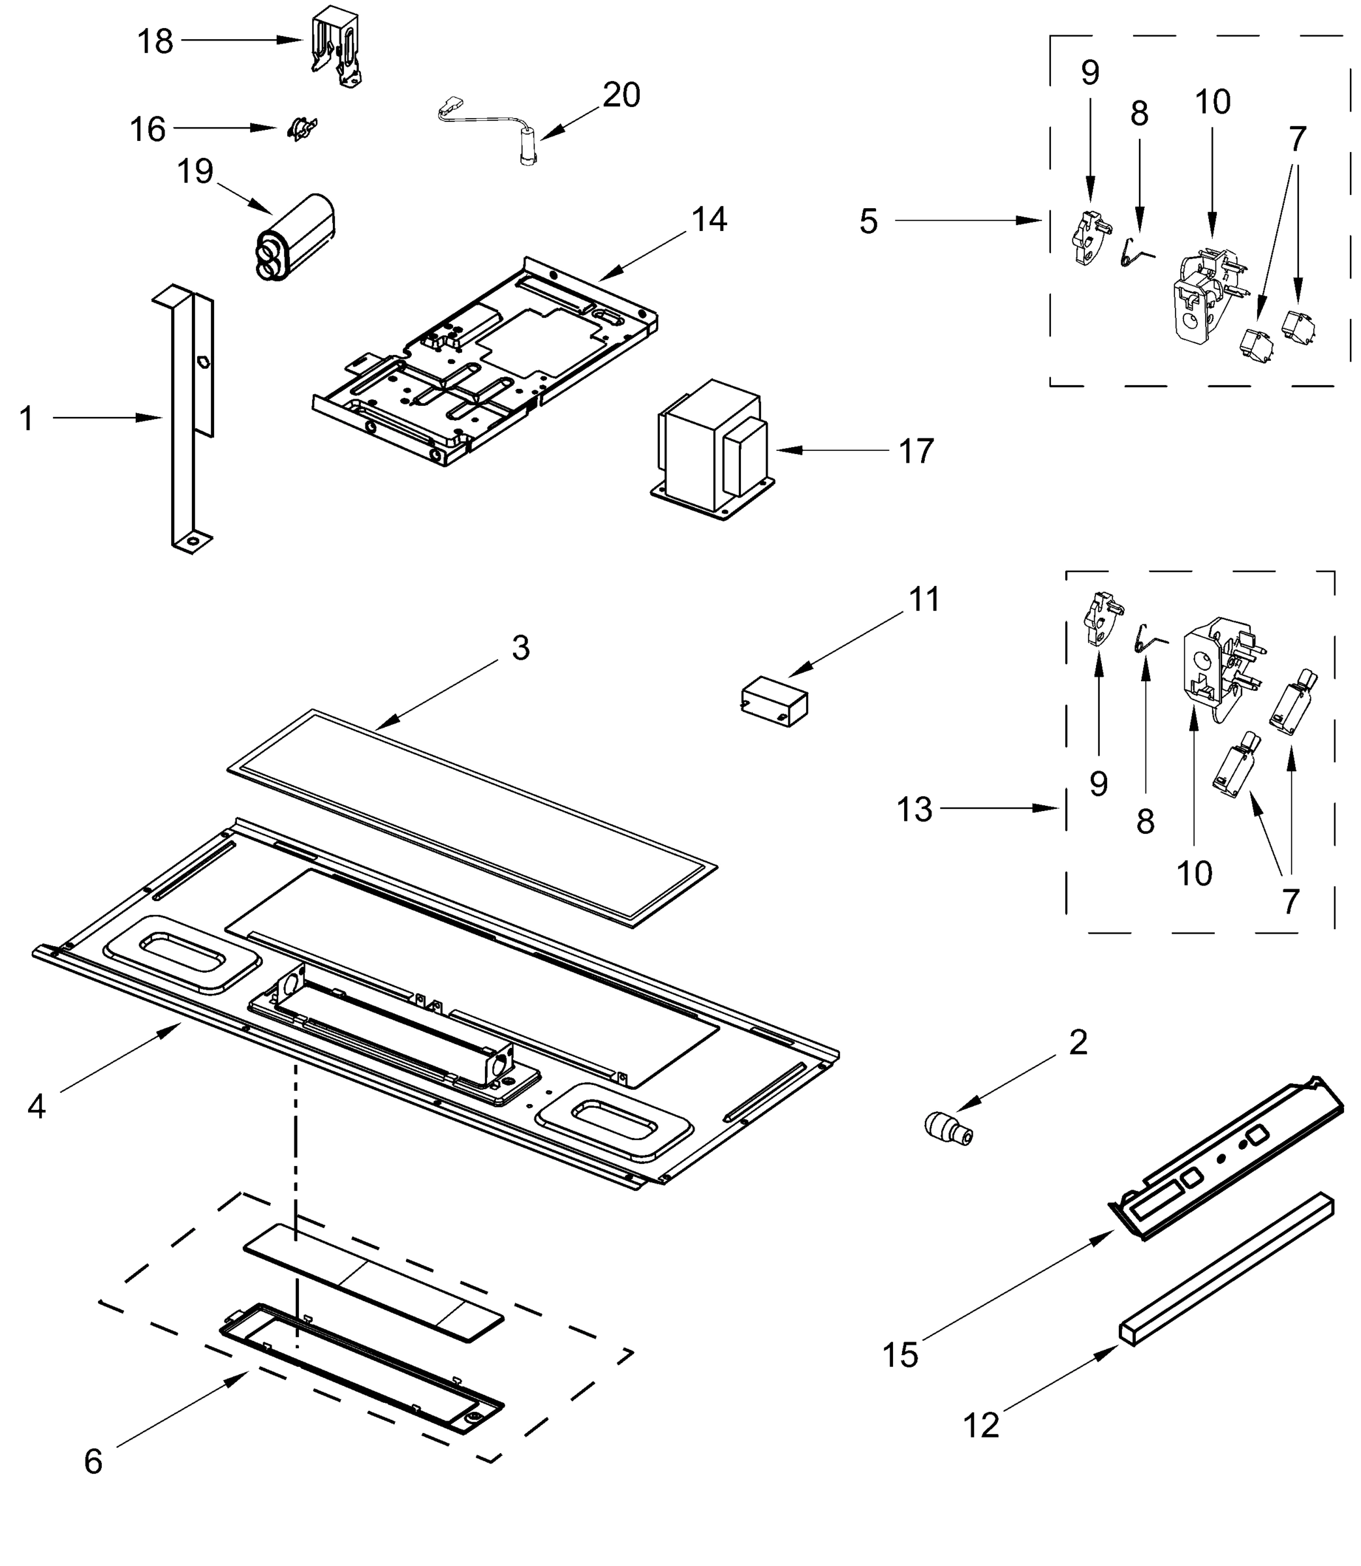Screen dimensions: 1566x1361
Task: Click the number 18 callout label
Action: point(155,41)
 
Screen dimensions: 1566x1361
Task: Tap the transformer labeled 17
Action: point(712,448)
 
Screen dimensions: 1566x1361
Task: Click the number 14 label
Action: point(709,219)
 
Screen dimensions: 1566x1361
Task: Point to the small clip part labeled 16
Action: point(302,129)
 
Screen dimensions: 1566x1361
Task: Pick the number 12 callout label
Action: point(980,1426)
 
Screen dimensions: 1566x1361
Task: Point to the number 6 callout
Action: point(93,1461)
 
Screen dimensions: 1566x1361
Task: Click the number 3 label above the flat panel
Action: point(520,647)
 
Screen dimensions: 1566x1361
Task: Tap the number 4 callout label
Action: point(37,1107)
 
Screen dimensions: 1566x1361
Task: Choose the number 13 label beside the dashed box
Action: point(914,809)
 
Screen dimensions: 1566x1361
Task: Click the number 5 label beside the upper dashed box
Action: point(868,221)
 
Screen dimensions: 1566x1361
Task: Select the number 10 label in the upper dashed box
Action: point(1212,102)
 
